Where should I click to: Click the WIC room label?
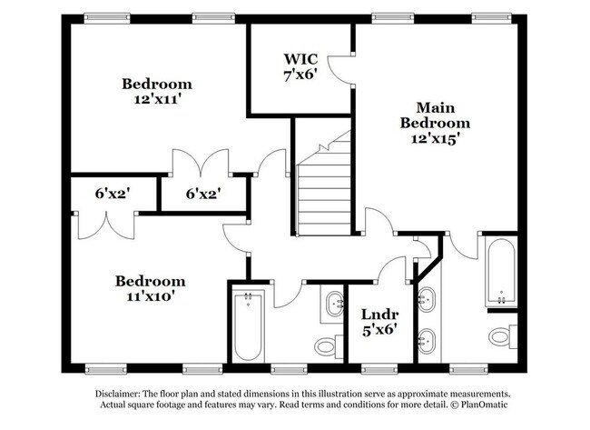pos(300,59)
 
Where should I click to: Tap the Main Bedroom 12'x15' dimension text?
pos(435,139)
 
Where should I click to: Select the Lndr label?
pos(380,315)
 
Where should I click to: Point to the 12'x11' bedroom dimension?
pos(157,99)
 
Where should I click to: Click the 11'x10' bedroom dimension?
pos(151,296)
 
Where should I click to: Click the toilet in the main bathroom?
pos(503,336)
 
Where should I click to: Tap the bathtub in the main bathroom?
pos(501,271)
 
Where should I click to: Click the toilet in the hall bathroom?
pos(329,345)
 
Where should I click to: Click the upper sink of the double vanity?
pos(427,300)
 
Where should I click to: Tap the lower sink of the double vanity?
pos(427,341)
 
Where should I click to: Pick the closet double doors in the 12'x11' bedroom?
pos(201,161)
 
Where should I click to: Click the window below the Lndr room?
pos(379,369)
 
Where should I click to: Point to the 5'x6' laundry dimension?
pos(380,331)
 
